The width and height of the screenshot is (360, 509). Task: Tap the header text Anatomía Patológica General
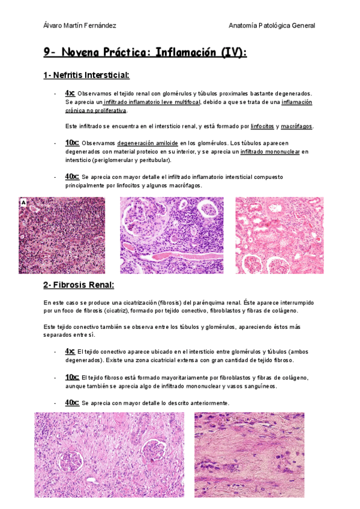[x=272, y=25]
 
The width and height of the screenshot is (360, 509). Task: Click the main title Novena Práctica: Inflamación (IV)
[x=145, y=53]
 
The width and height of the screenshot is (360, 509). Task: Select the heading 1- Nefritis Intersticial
[x=86, y=75]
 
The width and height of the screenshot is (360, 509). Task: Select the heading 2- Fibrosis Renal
[x=78, y=285]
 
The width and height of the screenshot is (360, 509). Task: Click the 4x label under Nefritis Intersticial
[x=70, y=93]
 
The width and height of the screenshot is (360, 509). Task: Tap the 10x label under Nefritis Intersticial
[x=71, y=143]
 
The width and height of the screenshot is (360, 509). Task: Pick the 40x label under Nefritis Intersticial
[x=71, y=176]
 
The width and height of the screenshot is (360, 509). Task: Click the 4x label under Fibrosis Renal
[x=70, y=351]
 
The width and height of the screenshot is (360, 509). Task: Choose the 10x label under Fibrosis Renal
[x=71, y=377]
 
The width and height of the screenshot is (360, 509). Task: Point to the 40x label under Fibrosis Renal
[x=71, y=402]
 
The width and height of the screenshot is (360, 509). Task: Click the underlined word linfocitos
[x=262, y=127]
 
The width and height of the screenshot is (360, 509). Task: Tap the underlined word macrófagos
[x=296, y=127]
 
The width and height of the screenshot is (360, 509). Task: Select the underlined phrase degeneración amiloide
[x=147, y=143]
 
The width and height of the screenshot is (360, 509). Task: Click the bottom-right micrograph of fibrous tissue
[x=249, y=454]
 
